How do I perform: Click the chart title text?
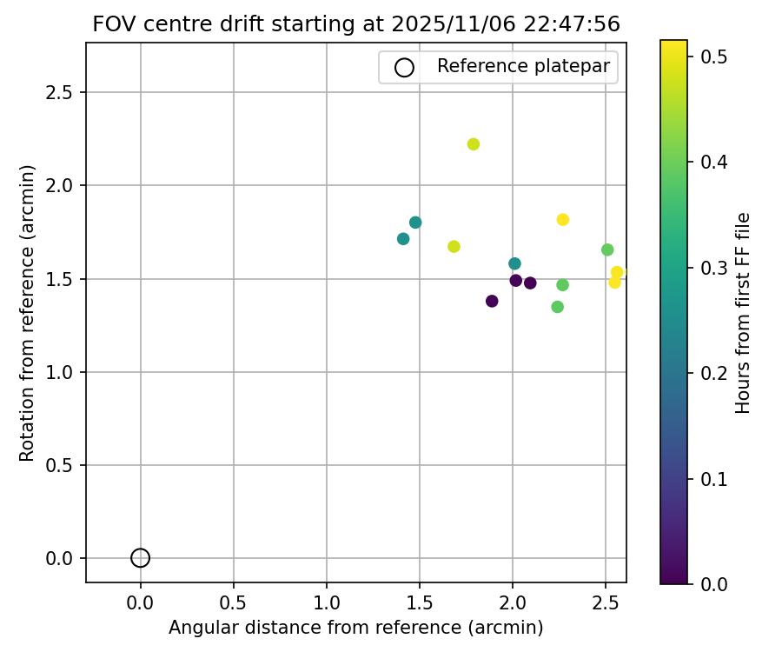coord(356,24)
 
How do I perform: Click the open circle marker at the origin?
coord(141,558)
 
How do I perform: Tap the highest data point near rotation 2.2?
coord(474,144)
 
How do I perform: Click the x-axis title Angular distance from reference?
coord(355,628)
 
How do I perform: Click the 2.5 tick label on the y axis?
coord(57,93)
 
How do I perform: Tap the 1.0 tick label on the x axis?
coord(327,602)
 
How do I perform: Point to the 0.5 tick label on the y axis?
coord(57,466)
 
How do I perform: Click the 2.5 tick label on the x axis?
coord(606,602)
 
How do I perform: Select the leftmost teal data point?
coord(403,239)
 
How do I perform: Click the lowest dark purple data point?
coord(492,302)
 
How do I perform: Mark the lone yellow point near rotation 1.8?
coord(563,220)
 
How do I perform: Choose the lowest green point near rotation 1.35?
coord(558,307)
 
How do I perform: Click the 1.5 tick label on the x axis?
coord(420,602)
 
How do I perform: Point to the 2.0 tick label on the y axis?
coord(57,186)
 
